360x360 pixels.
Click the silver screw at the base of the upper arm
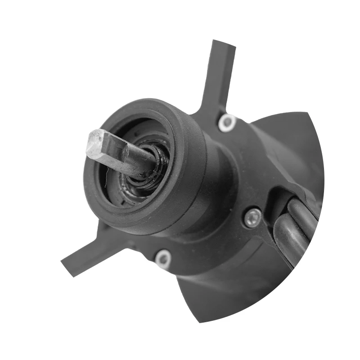(227, 122)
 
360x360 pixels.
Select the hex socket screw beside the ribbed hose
(253, 217)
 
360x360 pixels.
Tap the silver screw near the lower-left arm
(162, 259)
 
